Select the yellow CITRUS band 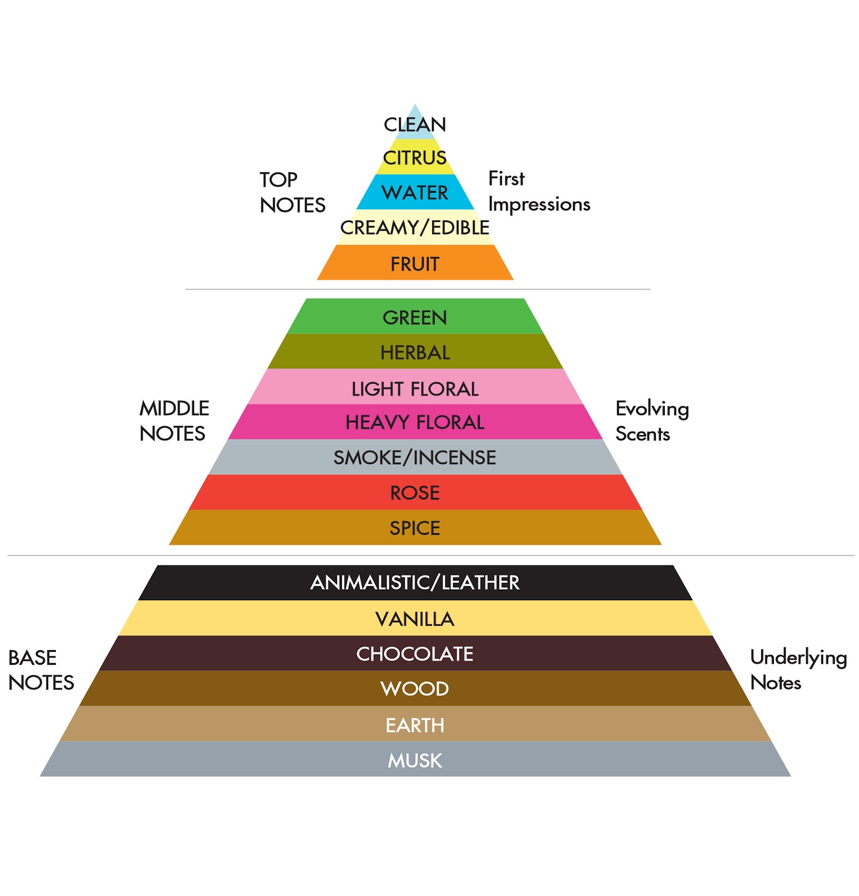pyautogui.click(x=415, y=157)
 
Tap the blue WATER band pyautogui.click(x=415, y=192)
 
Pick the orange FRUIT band pyautogui.click(x=415, y=263)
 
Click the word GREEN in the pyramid pyautogui.click(x=415, y=318)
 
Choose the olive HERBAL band pyautogui.click(x=415, y=351)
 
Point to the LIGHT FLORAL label pyautogui.click(x=415, y=389)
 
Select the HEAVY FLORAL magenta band pyautogui.click(x=415, y=422)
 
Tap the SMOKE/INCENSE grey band pyautogui.click(x=415, y=457)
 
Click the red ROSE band pyautogui.click(x=415, y=492)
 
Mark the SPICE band pyautogui.click(x=415, y=528)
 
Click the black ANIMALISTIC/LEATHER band pyautogui.click(x=415, y=582)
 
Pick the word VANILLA pyautogui.click(x=415, y=619)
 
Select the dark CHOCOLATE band pyautogui.click(x=415, y=653)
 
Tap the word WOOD pyautogui.click(x=415, y=689)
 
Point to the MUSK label pyautogui.click(x=415, y=760)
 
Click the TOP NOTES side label pyautogui.click(x=292, y=192)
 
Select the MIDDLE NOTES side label pyautogui.click(x=174, y=421)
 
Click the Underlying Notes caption pyautogui.click(x=798, y=670)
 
